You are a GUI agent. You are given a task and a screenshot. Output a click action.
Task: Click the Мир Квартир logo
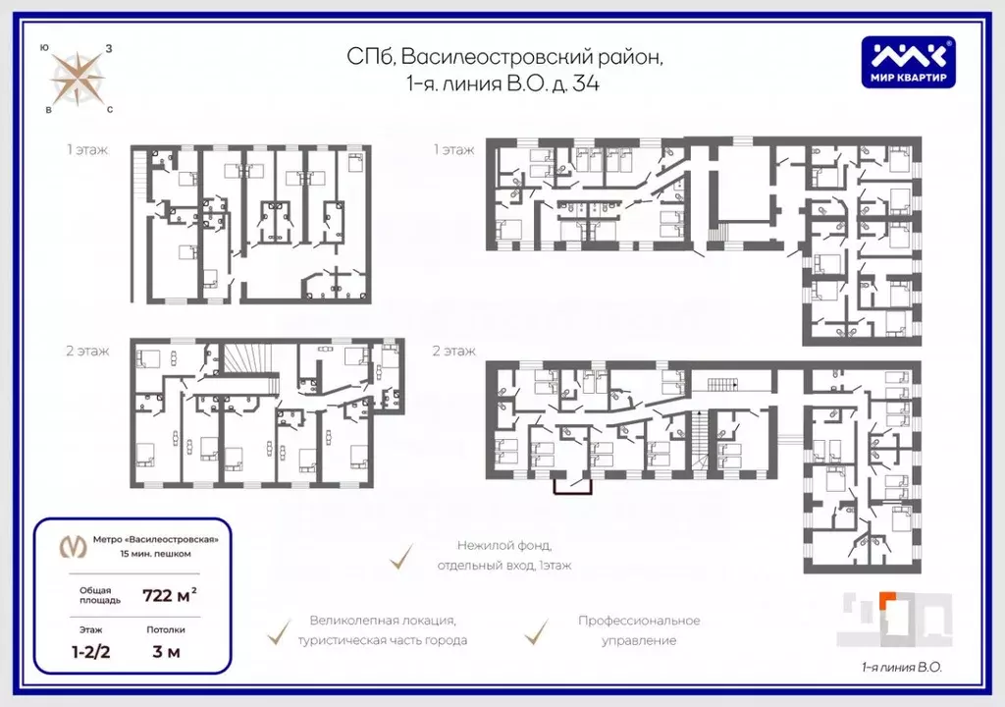908,62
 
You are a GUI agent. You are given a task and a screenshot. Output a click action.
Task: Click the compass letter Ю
43,47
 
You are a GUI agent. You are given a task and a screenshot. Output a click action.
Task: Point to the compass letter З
109,48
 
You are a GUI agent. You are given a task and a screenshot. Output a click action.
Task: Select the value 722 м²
169,595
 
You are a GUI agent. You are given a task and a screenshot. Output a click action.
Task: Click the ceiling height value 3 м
166,652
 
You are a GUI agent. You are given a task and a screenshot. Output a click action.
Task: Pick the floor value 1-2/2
90,652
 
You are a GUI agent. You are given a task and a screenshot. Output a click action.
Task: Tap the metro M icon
73,546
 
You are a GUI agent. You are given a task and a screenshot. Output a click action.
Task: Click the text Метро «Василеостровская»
156,539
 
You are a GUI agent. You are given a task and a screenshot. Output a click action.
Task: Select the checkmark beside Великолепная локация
279,631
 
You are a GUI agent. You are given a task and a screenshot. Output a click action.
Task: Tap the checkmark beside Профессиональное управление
537,631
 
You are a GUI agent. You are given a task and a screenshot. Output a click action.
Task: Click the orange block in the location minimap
887,599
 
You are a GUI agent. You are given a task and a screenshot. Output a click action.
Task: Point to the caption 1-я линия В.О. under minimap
901,667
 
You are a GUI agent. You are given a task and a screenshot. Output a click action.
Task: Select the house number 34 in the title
585,83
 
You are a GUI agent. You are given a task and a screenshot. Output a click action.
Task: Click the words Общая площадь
100,595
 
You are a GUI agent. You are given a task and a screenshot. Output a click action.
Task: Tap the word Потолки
166,630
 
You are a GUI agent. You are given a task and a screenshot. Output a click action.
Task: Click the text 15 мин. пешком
156,554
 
